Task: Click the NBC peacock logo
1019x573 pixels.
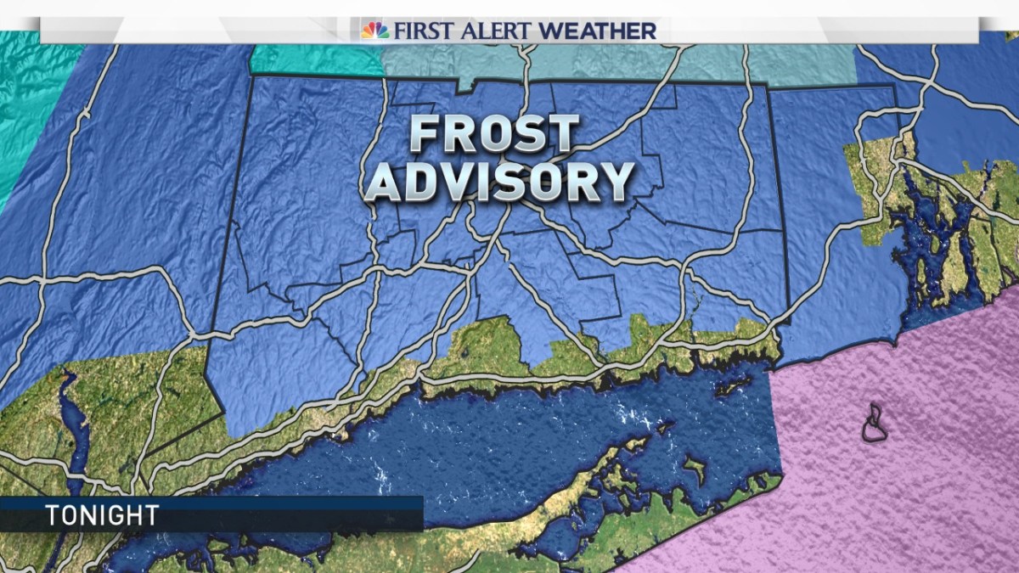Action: point(374,31)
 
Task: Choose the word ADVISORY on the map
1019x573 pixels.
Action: point(500,181)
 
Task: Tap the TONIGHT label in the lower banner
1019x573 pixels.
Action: point(102,515)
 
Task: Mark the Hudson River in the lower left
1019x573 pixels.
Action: point(71,424)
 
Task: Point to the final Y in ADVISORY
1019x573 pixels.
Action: point(617,181)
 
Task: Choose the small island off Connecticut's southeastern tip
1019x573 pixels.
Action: point(731,386)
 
